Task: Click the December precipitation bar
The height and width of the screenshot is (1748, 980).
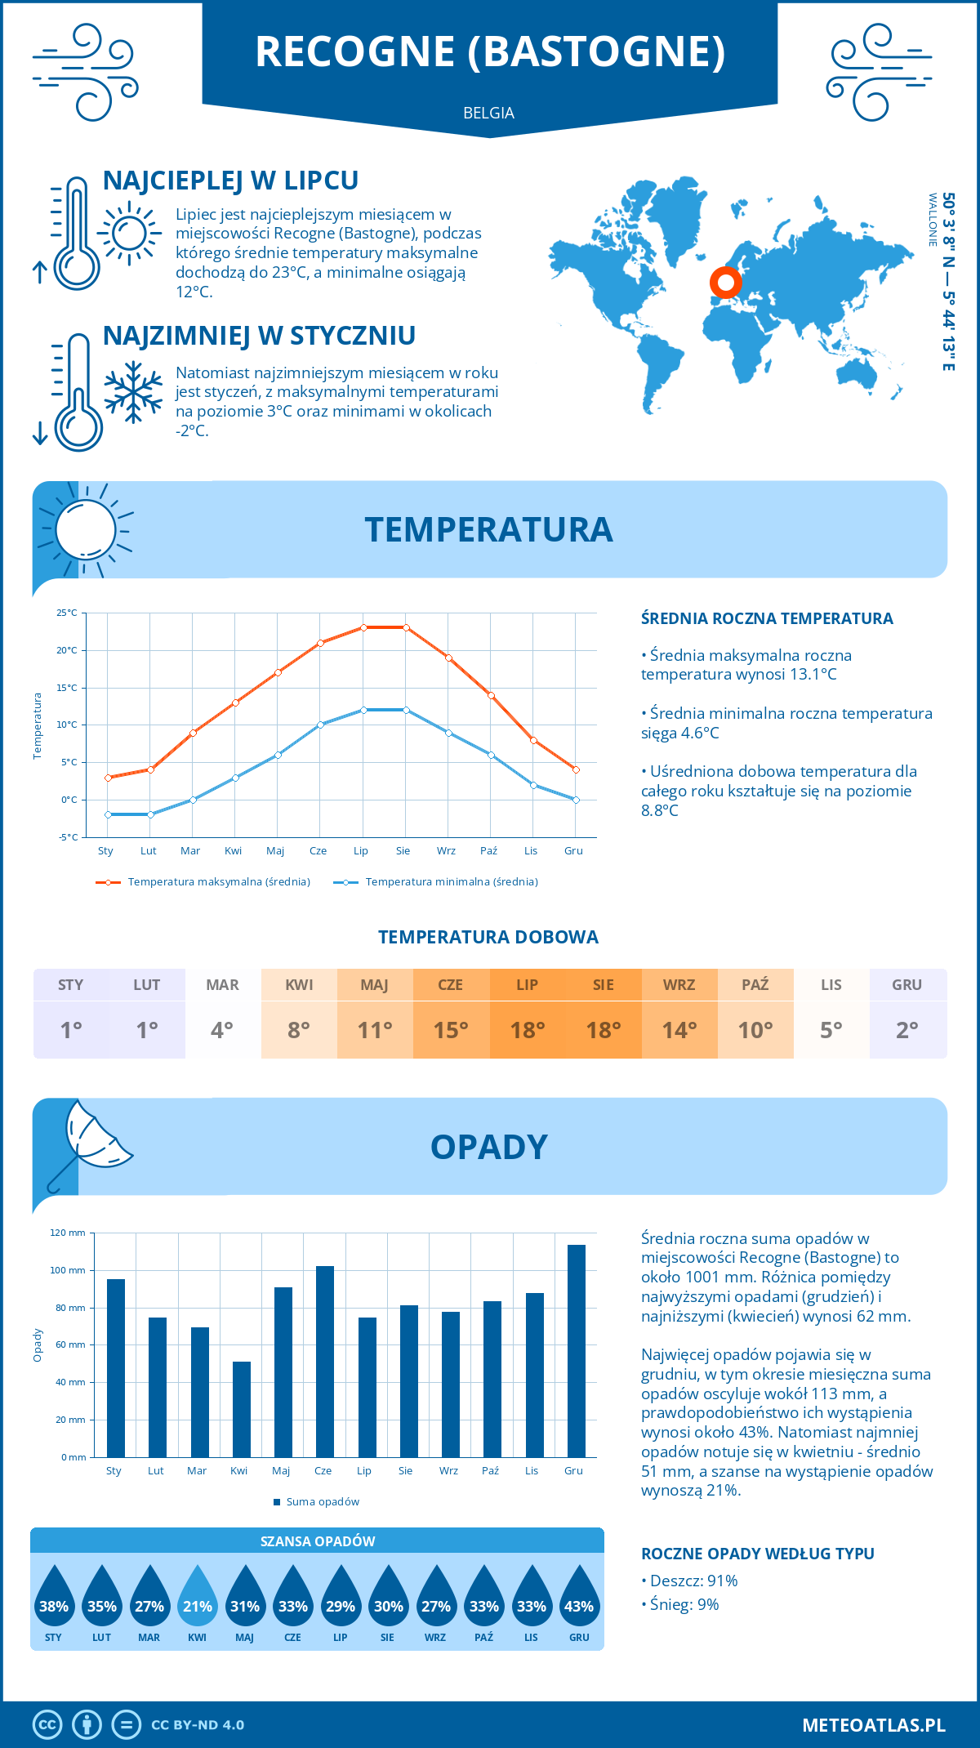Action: point(577,1351)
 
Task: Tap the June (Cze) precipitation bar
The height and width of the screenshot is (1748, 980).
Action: point(325,1362)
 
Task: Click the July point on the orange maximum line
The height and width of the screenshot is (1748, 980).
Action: point(363,627)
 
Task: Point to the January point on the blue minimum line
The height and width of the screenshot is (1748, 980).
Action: point(108,814)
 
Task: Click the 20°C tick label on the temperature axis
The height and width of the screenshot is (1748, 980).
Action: point(67,650)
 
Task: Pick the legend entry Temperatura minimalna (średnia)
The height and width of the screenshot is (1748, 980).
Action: point(451,882)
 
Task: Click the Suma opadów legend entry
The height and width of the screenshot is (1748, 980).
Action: point(323,1501)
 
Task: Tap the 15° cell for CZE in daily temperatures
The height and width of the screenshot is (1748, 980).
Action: point(451,1030)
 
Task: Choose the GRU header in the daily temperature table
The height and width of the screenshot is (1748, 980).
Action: point(906,985)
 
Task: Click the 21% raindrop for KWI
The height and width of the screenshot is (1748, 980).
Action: point(198,1598)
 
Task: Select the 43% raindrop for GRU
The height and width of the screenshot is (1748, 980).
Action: point(579,1598)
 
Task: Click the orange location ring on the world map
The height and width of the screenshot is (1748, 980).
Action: point(725,282)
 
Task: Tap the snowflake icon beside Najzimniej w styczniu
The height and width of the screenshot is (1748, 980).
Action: point(133,392)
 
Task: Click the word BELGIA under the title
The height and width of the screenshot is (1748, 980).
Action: point(488,113)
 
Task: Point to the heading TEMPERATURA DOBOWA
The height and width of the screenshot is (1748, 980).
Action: point(488,937)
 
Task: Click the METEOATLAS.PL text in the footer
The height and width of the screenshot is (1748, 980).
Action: point(874,1725)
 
